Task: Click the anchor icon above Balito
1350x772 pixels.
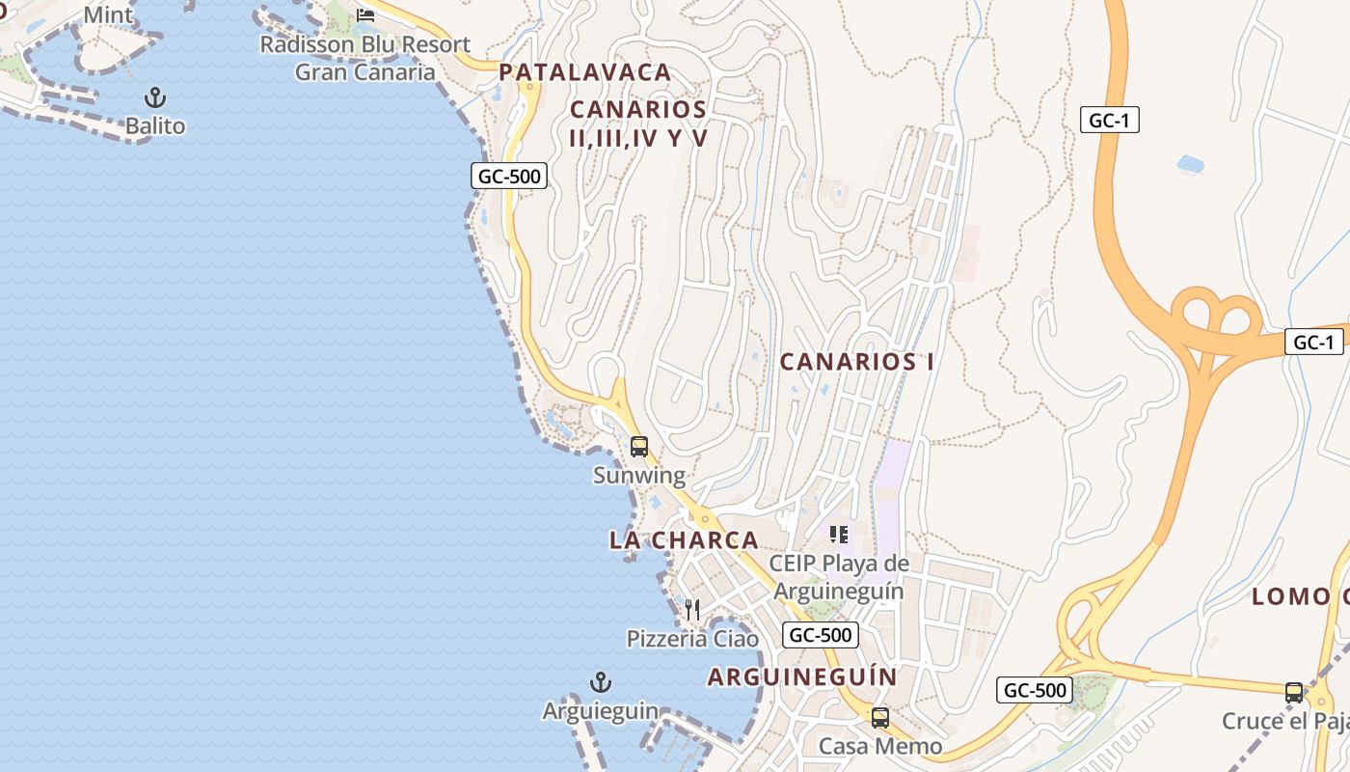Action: [x=154, y=97]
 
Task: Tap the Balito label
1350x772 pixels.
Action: [x=154, y=125]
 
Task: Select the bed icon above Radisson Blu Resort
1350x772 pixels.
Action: [x=365, y=15]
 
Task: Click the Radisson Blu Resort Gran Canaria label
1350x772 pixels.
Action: [x=365, y=58]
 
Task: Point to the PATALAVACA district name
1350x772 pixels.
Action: [x=585, y=72]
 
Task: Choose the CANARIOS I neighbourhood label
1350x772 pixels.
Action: [x=856, y=362]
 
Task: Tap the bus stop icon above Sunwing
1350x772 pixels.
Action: [x=639, y=447]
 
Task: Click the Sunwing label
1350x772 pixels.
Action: [x=639, y=475]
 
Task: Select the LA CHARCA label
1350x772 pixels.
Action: [x=684, y=540]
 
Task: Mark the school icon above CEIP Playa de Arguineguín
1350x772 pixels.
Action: [x=839, y=534]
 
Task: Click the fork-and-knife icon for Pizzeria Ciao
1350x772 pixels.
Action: [x=692, y=610]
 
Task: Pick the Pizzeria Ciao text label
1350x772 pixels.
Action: [x=692, y=639]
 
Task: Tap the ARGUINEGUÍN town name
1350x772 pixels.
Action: [x=802, y=676]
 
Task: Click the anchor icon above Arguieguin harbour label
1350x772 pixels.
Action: [x=601, y=683]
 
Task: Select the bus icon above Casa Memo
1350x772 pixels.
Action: [x=880, y=718]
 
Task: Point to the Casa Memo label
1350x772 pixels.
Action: [x=880, y=746]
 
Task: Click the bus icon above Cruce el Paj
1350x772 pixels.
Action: [x=1294, y=693]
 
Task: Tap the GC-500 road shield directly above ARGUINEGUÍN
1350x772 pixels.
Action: [x=820, y=635]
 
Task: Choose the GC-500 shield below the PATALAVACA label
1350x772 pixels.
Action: [x=509, y=176]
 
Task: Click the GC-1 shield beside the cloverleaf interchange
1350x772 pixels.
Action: [x=1313, y=342]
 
